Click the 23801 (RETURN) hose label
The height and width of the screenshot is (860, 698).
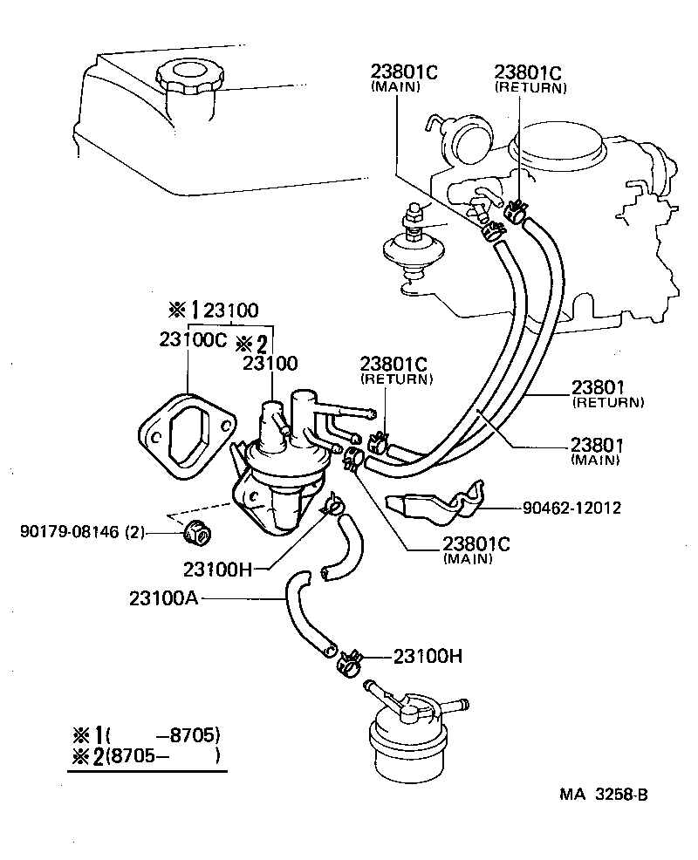click(607, 394)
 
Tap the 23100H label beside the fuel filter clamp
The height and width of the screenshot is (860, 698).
click(428, 655)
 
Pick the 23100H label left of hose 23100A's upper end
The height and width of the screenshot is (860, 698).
click(217, 569)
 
